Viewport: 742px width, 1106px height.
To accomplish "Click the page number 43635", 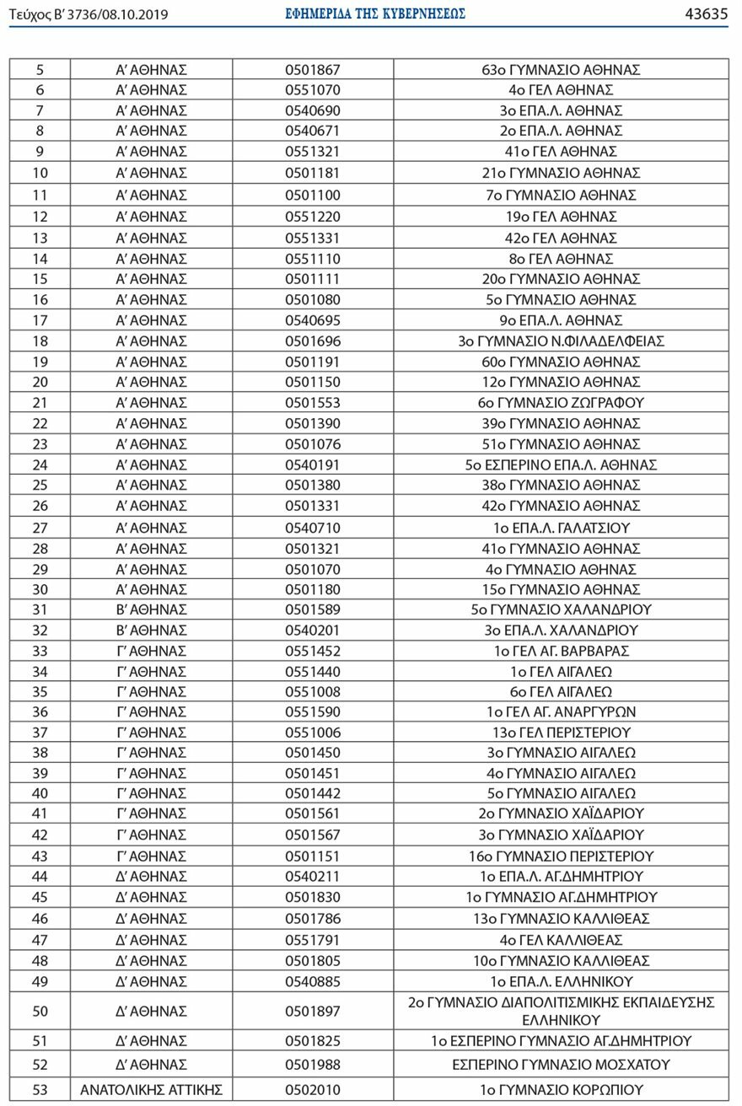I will pyautogui.click(x=707, y=13).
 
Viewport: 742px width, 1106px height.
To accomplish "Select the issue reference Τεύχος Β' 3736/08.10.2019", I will pyautogui.click(x=88, y=14).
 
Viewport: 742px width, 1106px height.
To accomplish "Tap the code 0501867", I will pyautogui.click(x=312, y=69).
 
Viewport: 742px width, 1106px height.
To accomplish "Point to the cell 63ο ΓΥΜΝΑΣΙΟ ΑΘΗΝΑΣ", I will pyautogui.click(x=561, y=69).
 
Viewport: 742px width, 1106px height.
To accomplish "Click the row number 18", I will pyautogui.click(x=40, y=341).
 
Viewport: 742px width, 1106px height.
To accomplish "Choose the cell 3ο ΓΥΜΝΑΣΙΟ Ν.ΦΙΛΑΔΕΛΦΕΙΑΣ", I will pyautogui.click(x=561, y=341).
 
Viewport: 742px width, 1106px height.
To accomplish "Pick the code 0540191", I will pyautogui.click(x=312, y=464).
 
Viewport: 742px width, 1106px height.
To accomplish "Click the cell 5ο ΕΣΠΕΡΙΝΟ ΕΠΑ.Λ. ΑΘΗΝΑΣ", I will pyautogui.click(x=561, y=464).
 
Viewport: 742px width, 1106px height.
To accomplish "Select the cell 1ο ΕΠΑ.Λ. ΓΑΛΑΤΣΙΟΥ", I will pyautogui.click(x=561, y=528).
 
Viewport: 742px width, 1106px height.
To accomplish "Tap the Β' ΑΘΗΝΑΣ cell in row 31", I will pyautogui.click(x=151, y=609).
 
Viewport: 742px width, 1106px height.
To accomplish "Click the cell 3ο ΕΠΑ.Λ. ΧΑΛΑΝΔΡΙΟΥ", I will pyautogui.click(x=561, y=630).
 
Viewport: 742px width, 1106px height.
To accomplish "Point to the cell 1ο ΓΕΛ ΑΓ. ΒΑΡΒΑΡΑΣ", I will pyautogui.click(x=561, y=651).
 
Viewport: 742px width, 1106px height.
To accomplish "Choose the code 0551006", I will pyautogui.click(x=312, y=733).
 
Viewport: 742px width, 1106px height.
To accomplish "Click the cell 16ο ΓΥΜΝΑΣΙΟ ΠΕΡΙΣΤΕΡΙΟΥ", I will pyautogui.click(x=561, y=856).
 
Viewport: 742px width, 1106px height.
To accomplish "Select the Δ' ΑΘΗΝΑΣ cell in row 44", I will pyautogui.click(x=151, y=876).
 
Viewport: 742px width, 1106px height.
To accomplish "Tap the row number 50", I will pyautogui.click(x=40, y=1011).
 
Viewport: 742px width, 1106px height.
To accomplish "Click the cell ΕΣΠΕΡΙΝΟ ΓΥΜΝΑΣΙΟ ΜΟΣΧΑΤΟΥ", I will pyautogui.click(x=561, y=1064).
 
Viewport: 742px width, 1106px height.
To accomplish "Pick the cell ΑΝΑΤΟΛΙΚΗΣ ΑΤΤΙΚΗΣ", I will pyautogui.click(x=151, y=1090).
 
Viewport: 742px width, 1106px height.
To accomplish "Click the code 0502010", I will pyautogui.click(x=312, y=1090).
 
